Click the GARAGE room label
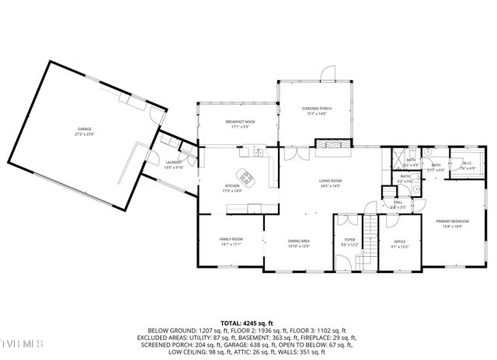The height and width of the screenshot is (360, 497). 84,129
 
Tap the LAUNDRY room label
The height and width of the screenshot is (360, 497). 173,161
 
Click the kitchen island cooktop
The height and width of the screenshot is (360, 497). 247,178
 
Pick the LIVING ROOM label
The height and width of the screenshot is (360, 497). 330,182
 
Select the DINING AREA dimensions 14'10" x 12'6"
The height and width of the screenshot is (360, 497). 299,247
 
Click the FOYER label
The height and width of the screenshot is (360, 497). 349,240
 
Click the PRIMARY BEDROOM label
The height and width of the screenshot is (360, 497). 451,221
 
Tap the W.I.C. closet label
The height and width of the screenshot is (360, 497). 467,164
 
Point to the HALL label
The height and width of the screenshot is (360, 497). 398,203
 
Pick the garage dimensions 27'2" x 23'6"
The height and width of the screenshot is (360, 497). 84,134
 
